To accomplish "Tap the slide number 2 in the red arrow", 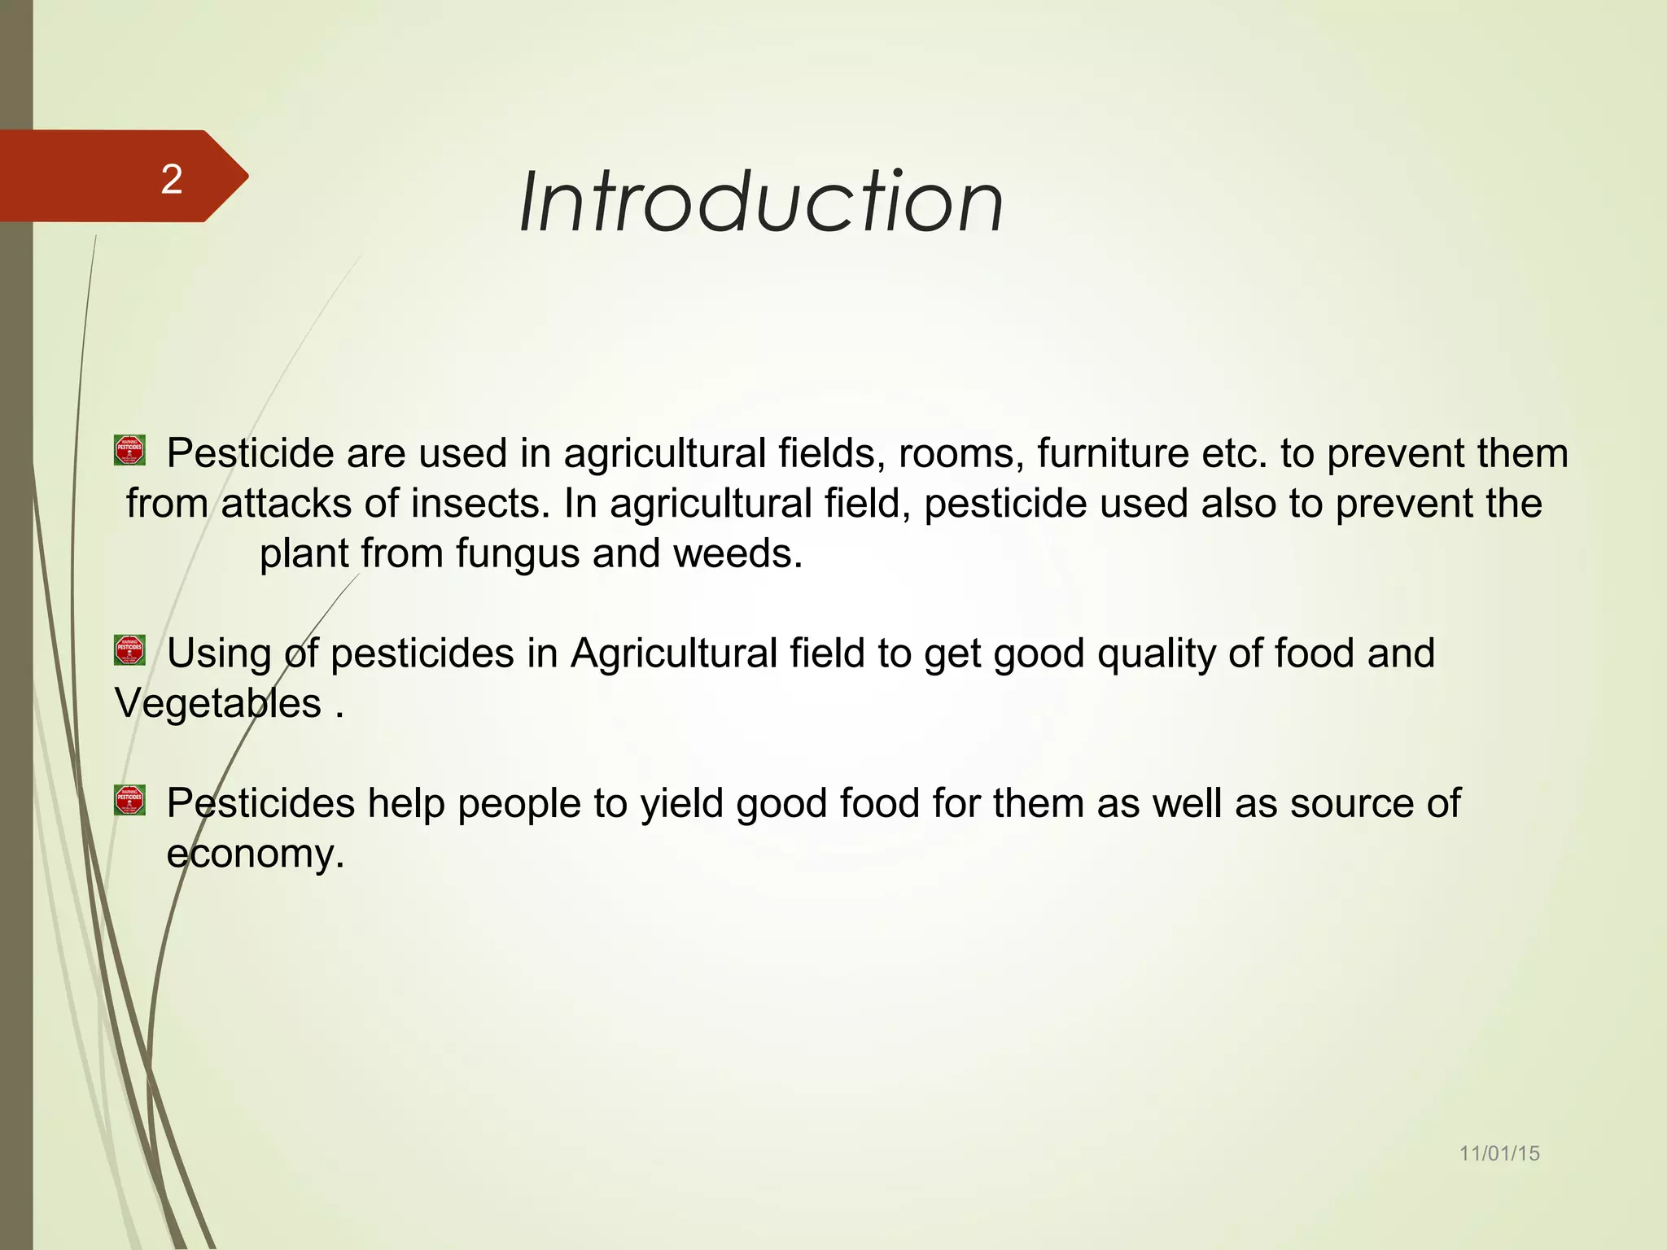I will [x=172, y=179].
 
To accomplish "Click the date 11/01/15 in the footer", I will [x=1499, y=1153].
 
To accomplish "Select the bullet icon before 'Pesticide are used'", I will [x=129, y=449].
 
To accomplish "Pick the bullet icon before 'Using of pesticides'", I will [x=129, y=650].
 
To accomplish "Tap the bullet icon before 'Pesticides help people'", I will [x=129, y=800].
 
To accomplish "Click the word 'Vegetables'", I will [x=218, y=704].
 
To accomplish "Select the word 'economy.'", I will [x=256, y=854].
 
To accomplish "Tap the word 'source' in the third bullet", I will [x=1351, y=804].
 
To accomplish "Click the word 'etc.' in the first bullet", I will [x=1234, y=453].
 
